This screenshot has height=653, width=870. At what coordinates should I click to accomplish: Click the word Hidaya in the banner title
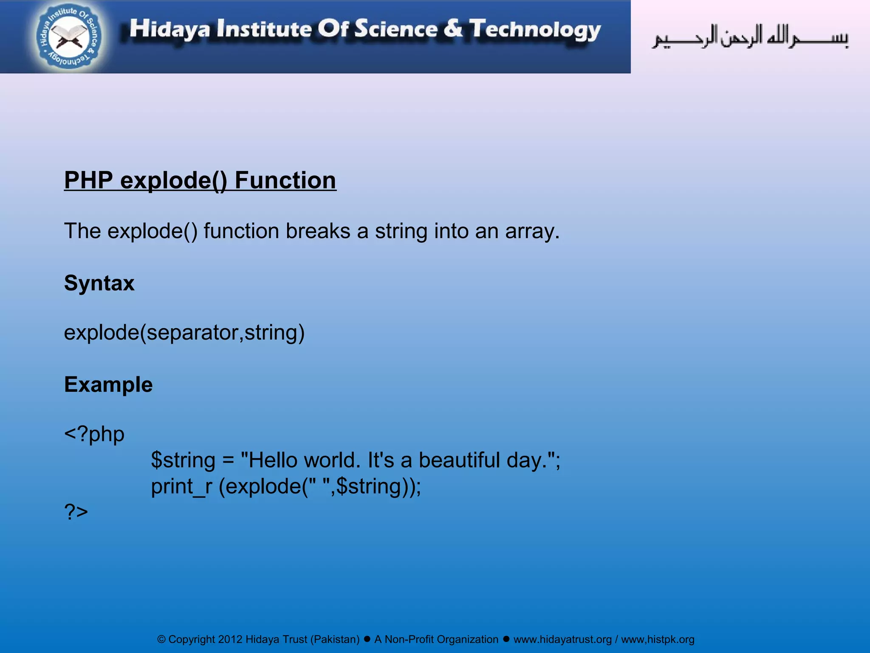tap(169, 29)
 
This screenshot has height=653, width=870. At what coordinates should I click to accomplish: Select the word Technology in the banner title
tap(535, 29)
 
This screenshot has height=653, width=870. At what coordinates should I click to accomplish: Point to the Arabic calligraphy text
tap(750, 37)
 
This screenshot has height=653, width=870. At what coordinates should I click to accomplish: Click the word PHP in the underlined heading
tap(88, 180)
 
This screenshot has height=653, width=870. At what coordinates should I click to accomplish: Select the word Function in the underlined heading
tap(285, 180)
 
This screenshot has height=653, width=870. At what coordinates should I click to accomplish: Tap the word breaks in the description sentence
tap(318, 231)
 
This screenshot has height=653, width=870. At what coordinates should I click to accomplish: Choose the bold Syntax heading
tap(99, 283)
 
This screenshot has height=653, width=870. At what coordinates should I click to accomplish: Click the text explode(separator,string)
tap(184, 332)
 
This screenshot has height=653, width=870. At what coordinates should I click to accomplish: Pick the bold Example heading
tap(108, 384)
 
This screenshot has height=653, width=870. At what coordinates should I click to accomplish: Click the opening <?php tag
tap(94, 434)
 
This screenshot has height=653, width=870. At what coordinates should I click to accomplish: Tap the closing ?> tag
tap(76, 511)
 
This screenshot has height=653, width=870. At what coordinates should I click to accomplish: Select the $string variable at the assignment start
tap(183, 460)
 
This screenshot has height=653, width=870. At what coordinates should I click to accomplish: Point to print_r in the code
tap(181, 486)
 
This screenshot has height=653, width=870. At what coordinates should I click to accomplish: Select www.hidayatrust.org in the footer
tap(562, 639)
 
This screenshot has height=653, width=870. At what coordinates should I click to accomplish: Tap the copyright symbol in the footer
tap(161, 639)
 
